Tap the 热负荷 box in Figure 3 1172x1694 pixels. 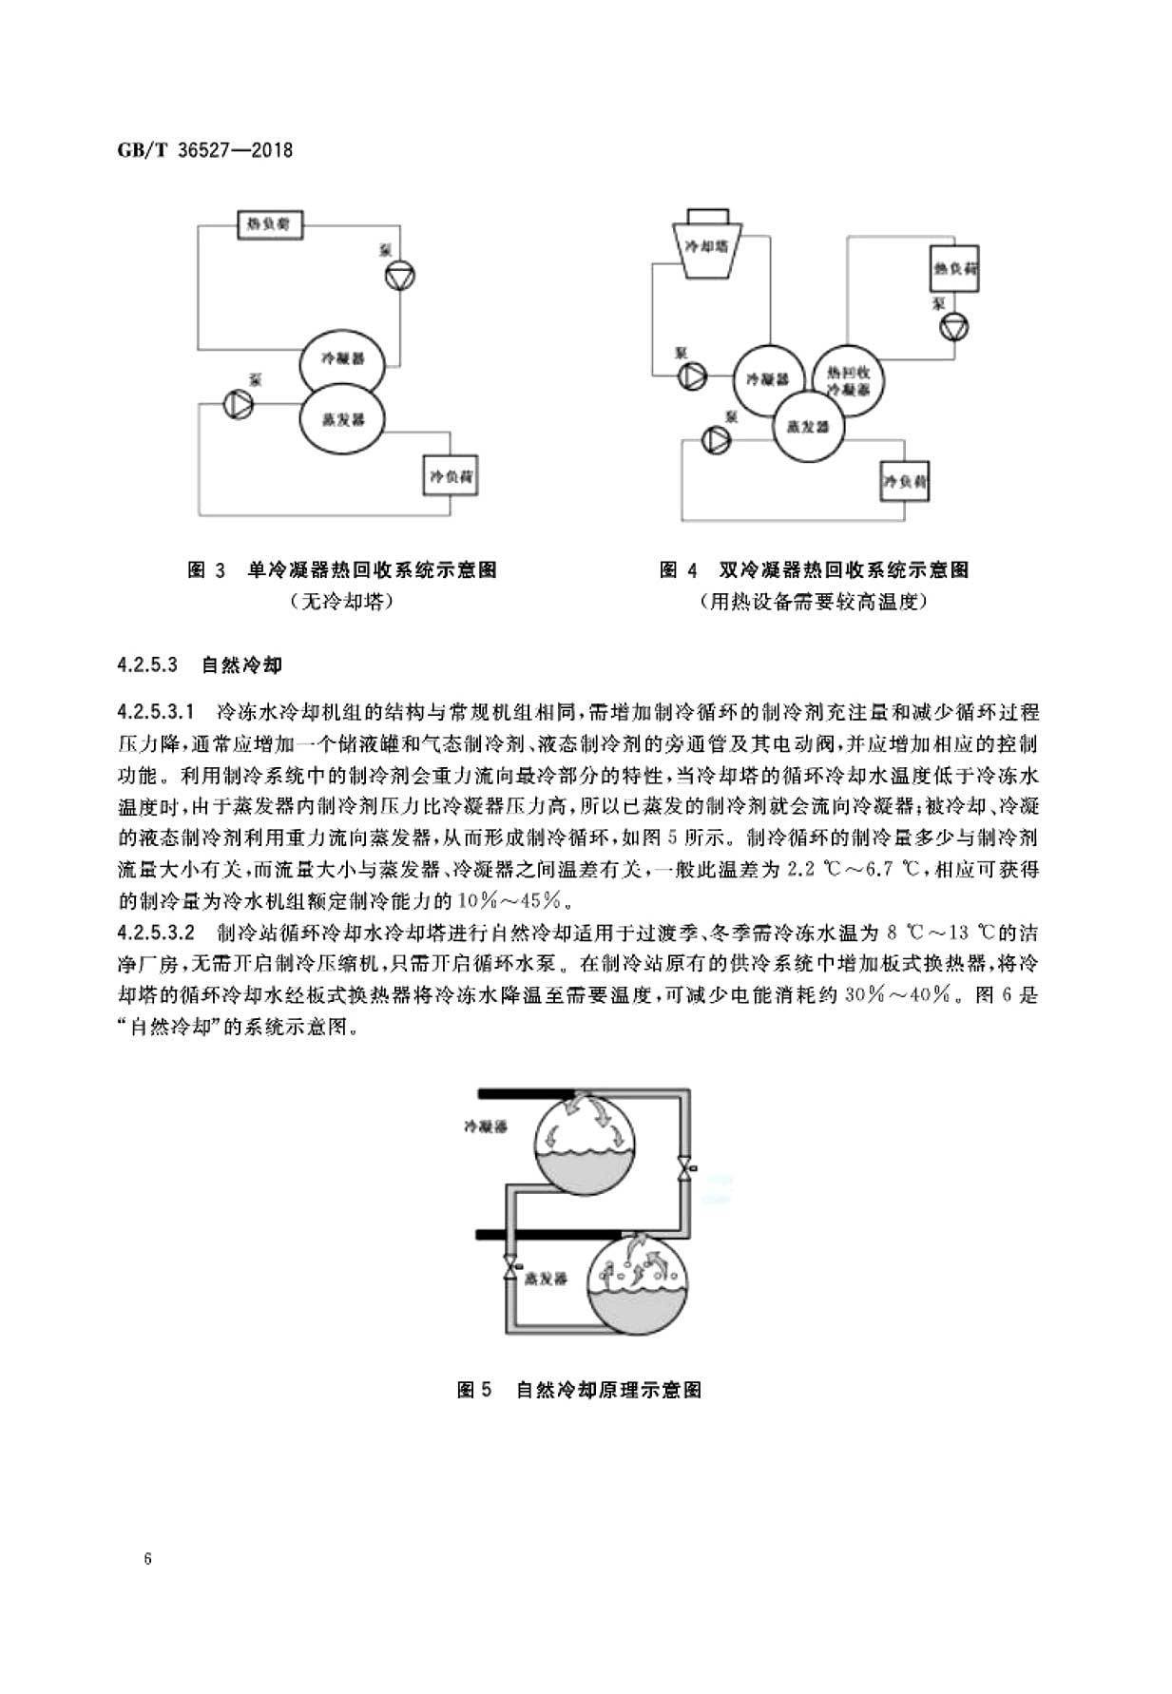click(x=268, y=226)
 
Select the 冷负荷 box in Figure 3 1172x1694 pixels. click(x=450, y=474)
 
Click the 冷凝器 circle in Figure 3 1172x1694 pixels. click(x=342, y=359)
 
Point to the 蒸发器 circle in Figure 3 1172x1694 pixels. click(x=342, y=419)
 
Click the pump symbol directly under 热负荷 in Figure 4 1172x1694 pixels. click(x=953, y=328)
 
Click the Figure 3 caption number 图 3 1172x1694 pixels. click(x=206, y=570)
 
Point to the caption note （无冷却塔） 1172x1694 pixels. click(x=342, y=601)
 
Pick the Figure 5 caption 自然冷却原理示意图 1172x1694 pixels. click(x=608, y=1390)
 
